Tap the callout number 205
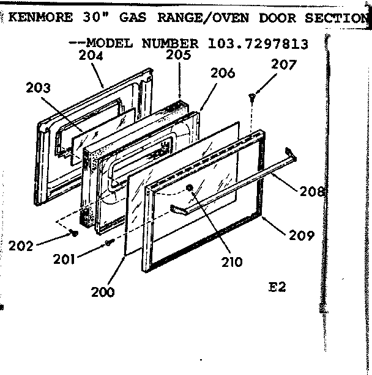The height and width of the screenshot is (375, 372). pos(179,55)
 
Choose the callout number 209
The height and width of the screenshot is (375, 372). pos(302,234)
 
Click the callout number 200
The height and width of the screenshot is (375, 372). pos(103,292)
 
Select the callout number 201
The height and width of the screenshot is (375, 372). pos(64,258)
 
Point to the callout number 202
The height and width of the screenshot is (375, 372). pos(21,247)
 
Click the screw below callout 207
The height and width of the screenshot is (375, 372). pos(252,96)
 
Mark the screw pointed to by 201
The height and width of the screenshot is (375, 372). pos(108,243)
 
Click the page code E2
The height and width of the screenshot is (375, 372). pos(278,287)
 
